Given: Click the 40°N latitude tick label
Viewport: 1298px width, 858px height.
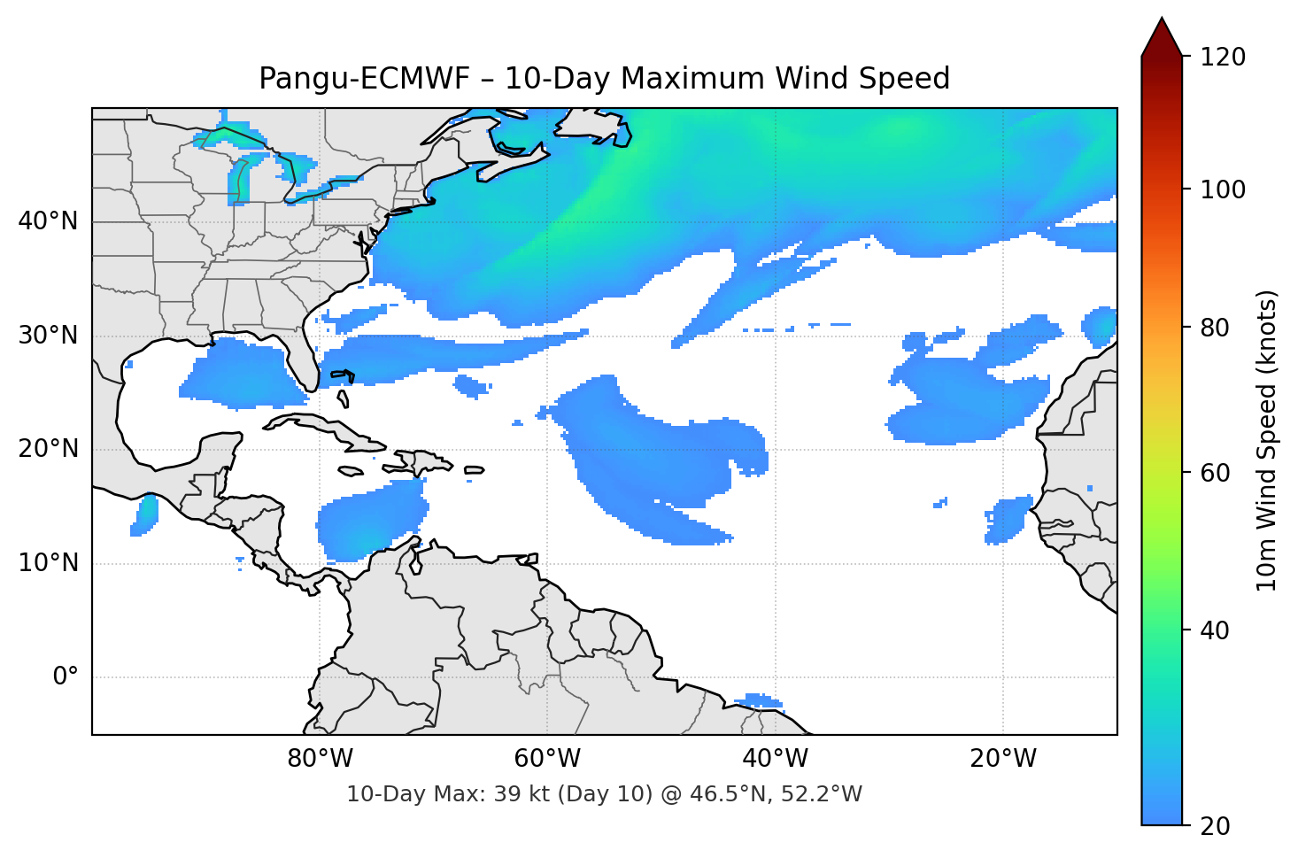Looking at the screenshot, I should point(48,221).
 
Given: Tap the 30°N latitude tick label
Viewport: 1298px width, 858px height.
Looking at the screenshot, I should point(48,336).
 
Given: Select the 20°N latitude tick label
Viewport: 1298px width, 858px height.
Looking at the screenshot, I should point(48,449).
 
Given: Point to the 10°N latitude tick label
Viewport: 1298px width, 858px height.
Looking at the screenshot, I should point(48,563).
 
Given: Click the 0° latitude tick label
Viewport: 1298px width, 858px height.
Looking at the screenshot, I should point(66,677).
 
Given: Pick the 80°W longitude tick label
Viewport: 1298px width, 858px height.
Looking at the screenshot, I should point(320,759).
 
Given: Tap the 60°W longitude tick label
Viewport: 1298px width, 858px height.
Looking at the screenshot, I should point(547,759).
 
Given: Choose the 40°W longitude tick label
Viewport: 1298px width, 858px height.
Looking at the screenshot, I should point(775,759).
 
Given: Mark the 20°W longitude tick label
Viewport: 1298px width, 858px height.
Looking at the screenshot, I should point(1003,759).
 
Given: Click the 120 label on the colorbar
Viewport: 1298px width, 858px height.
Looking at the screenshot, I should point(1223,58).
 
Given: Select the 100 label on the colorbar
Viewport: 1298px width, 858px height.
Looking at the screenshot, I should point(1223,189).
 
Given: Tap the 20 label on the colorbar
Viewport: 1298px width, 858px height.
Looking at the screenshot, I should point(1215,826).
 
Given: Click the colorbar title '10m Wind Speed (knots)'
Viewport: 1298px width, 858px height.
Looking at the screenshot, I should point(1267,440).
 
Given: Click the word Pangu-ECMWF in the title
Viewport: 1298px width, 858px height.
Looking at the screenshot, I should point(364,79).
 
